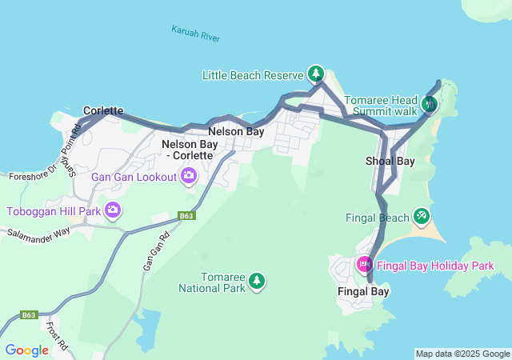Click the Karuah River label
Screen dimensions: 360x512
(195, 33)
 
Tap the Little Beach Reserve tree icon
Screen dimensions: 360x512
(316, 74)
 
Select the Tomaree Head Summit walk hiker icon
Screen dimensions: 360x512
(430, 104)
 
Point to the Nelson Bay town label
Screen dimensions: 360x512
(236, 130)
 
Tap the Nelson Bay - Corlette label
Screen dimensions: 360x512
(190, 150)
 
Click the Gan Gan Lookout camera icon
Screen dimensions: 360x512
(189, 175)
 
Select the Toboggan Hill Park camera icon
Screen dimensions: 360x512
(113, 210)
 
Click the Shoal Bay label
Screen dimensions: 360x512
(390, 161)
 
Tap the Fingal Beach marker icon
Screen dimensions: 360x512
(422, 216)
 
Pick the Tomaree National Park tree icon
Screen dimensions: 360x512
(257, 280)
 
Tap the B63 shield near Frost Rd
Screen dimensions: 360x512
(29, 315)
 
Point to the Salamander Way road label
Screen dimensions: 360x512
(38, 232)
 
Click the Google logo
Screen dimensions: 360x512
(26, 350)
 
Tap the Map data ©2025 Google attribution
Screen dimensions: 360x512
(462, 354)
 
